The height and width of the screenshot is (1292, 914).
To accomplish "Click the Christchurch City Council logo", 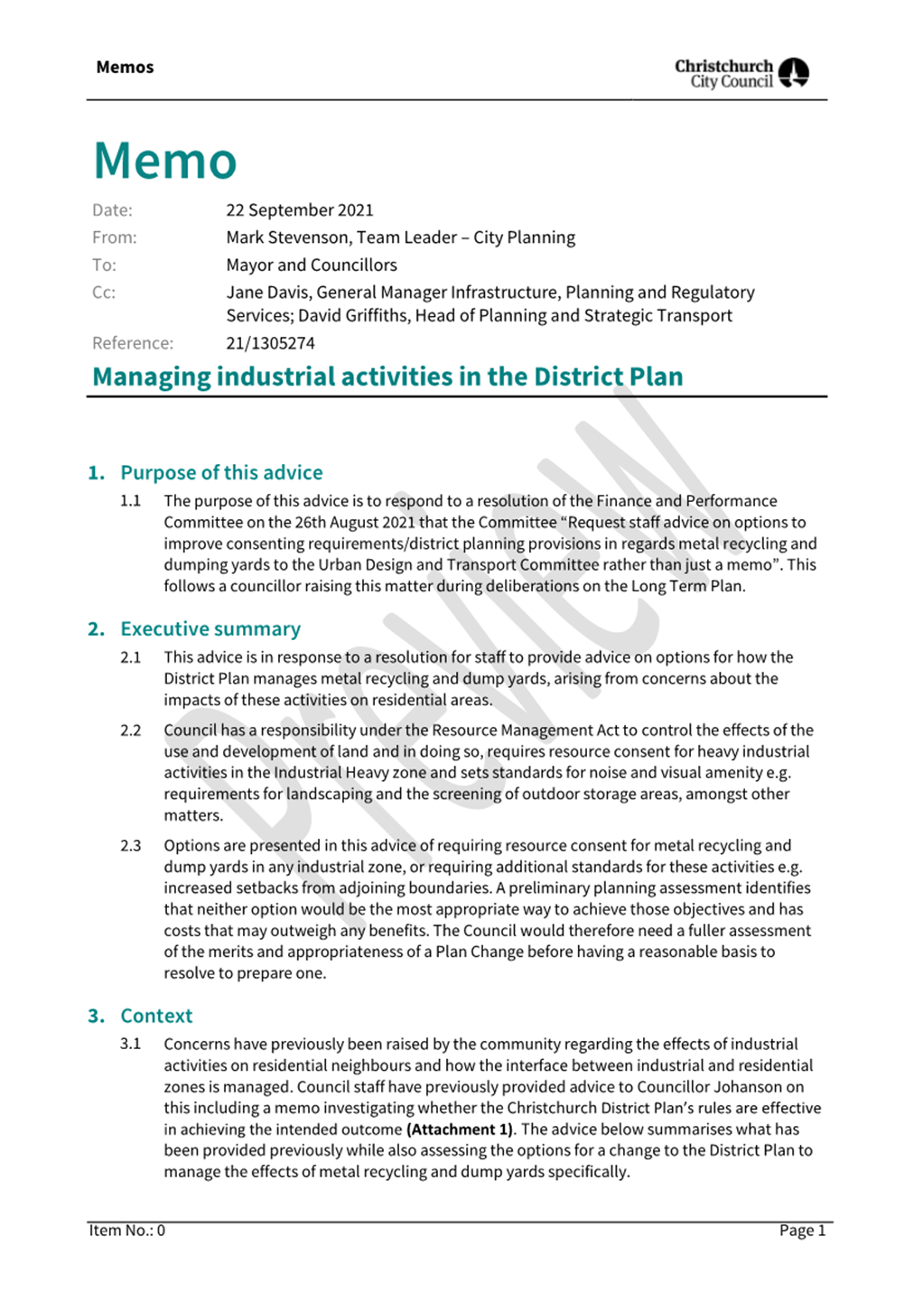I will [x=741, y=72].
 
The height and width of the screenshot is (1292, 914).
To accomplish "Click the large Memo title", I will [x=165, y=161].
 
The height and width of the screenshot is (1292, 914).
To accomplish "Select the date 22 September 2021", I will [x=299, y=210].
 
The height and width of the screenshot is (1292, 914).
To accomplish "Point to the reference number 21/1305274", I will [x=270, y=343].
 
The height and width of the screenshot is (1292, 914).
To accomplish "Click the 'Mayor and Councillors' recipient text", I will [x=311, y=265].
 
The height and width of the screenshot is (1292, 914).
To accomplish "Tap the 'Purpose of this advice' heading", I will [x=221, y=473].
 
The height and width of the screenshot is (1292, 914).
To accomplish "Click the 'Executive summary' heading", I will [x=210, y=629].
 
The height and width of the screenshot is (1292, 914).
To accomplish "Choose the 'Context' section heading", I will [x=156, y=1016].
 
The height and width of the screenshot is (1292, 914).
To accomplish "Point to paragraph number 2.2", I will [x=131, y=730].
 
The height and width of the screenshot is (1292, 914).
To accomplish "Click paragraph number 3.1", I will [x=131, y=1045].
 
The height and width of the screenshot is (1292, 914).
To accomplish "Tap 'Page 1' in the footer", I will [x=802, y=1231].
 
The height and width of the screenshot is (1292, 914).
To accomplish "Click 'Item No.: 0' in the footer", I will [x=127, y=1231].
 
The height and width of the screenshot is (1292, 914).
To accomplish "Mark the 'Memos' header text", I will [x=125, y=68].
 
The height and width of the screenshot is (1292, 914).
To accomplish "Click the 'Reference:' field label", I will [x=133, y=343].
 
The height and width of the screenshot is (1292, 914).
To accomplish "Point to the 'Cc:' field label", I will [x=104, y=293].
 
